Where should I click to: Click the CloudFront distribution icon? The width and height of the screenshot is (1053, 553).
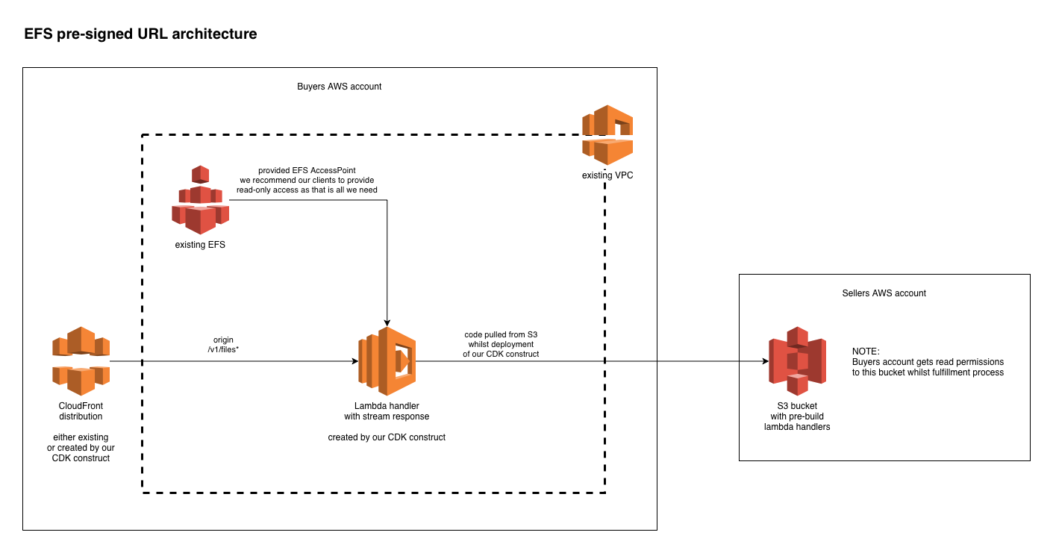tap(81, 361)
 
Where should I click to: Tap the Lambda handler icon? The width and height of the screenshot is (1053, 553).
tap(387, 361)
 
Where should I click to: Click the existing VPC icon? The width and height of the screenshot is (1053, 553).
tap(607, 135)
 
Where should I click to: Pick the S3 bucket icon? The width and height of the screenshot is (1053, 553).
tap(797, 361)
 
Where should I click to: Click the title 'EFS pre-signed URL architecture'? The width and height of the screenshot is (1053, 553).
tap(140, 34)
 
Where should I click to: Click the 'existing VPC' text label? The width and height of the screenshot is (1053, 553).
tap(607, 175)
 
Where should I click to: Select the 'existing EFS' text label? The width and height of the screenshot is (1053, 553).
tap(200, 244)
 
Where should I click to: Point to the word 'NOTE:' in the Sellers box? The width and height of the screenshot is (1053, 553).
tap(866, 351)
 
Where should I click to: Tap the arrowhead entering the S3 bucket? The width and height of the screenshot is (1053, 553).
tap(764, 361)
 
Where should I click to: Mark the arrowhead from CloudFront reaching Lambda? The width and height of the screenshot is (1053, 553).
tap(354, 361)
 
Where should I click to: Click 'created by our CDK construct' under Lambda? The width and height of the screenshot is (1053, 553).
tap(387, 437)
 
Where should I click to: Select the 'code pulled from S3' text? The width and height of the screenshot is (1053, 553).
tap(501, 333)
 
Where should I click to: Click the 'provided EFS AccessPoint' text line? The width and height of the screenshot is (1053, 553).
tap(307, 170)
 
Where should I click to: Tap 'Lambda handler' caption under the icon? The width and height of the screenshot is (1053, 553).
tap(387, 405)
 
